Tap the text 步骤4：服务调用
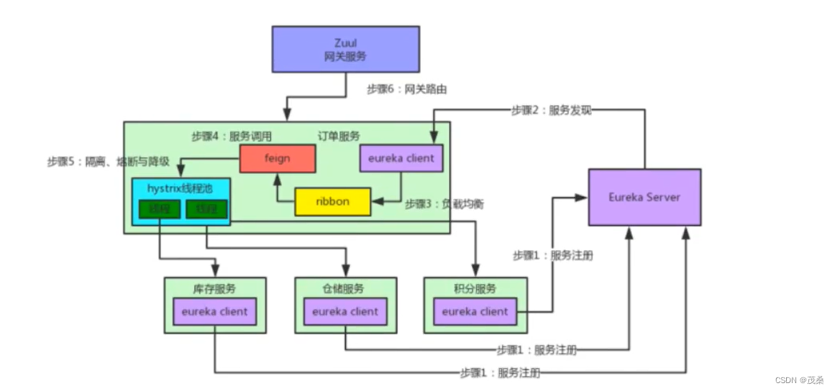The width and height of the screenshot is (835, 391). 232,136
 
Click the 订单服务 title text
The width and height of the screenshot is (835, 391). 339,136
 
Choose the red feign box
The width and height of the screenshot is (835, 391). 277,159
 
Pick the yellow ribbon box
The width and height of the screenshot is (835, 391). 332,202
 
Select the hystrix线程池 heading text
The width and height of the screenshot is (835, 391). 181,188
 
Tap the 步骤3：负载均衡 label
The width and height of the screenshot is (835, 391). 444,204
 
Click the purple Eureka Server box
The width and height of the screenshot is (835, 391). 644,197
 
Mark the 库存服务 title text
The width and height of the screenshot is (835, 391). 214,289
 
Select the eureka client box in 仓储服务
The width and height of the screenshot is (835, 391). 345,312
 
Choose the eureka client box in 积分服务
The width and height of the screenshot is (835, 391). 475,312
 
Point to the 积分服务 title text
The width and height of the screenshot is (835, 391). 475,289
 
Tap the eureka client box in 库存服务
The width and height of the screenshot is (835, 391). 214,312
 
